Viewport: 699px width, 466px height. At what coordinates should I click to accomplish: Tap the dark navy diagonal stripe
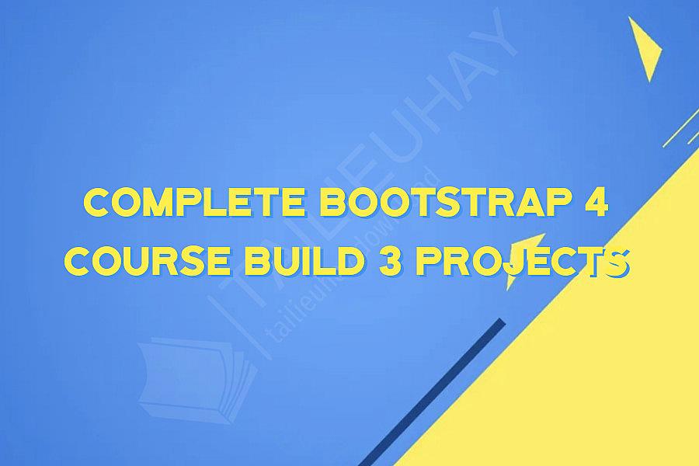tap(435, 392)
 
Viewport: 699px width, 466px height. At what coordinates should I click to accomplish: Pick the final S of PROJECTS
tap(617, 264)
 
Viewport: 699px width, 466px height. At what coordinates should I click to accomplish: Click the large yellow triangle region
tap(590, 365)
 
